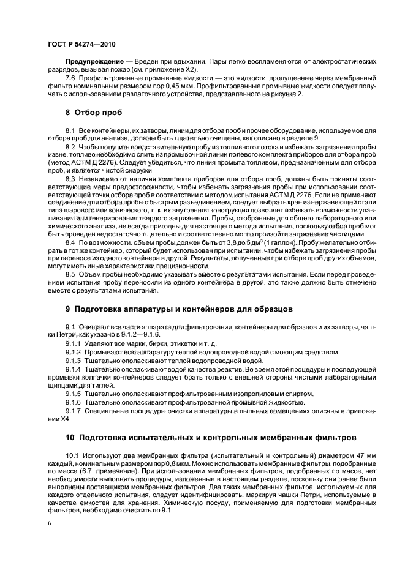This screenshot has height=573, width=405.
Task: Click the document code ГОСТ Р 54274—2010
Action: [x=81, y=45]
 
